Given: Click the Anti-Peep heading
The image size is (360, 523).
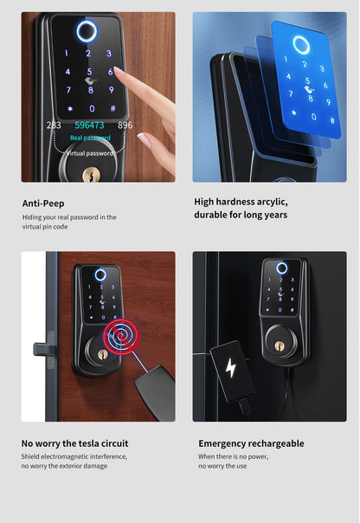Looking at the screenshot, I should pyautogui.click(x=46, y=203).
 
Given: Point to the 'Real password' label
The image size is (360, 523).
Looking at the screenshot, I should pyautogui.click(x=90, y=138).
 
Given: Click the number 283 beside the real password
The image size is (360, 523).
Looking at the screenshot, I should pyautogui.click(x=54, y=126).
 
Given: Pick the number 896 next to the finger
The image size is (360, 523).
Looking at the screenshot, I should pyautogui.click(x=125, y=126).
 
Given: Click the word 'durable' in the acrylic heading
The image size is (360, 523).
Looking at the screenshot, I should pyautogui.click(x=214, y=215).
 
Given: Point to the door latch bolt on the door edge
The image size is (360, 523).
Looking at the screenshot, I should pyautogui.click(x=41, y=349).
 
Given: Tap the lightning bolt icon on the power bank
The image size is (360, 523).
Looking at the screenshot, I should pyautogui.click(x=230, y=367).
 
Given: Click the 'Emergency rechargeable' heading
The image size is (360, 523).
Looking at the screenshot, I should pyautogui.click(x=251, y=443).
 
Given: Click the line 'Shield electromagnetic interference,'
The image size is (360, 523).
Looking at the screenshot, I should pyautogui.click(x=74, y=456).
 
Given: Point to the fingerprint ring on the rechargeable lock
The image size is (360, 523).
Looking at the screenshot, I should pyautogui.click(x=281, y=268).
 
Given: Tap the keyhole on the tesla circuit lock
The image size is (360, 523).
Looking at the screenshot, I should pyautogui.click(x=102, y=355).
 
